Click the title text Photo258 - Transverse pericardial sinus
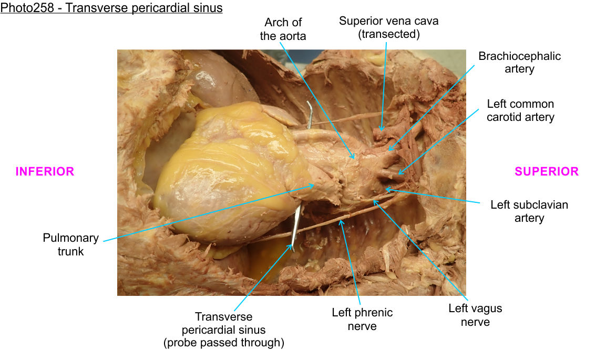111,8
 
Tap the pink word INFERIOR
45,171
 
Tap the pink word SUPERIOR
547,171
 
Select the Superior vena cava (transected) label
388,27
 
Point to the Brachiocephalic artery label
519,63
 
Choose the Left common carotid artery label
520,110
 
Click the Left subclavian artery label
529,211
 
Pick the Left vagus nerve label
475,315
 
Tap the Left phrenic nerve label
362,319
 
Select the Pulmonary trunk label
70,244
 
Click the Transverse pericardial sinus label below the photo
223,330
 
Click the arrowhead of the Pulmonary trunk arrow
315,184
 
